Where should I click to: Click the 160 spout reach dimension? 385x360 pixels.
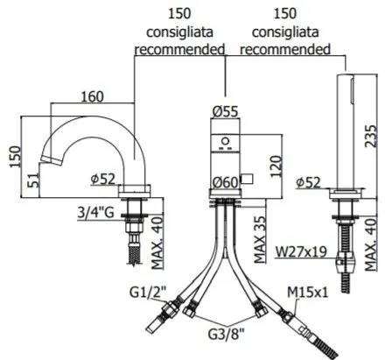pyautogui.click(x=92, y=96)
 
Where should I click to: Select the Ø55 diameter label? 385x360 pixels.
pyautogui.click(x=225, y=111)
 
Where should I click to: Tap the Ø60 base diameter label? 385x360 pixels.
pyautogui.click(x=225, y=182)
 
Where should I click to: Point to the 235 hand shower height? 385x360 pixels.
pyautogui.click(x=371, y=136)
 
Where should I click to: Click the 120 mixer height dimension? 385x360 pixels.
pyautogui.click(x=276, y=167)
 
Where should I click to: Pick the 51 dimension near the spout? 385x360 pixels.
pyautogui.click(x=33, y=180)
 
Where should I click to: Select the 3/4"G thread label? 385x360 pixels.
pyautogui.click(x=95, y=213)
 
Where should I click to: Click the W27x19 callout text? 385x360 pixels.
pyautogui.click(x=301, y=252)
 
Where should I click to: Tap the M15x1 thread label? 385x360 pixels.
pyautogui.click(x=308, y=292)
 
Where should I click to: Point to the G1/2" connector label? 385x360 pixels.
pyautogui.click(x=148, y=293)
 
